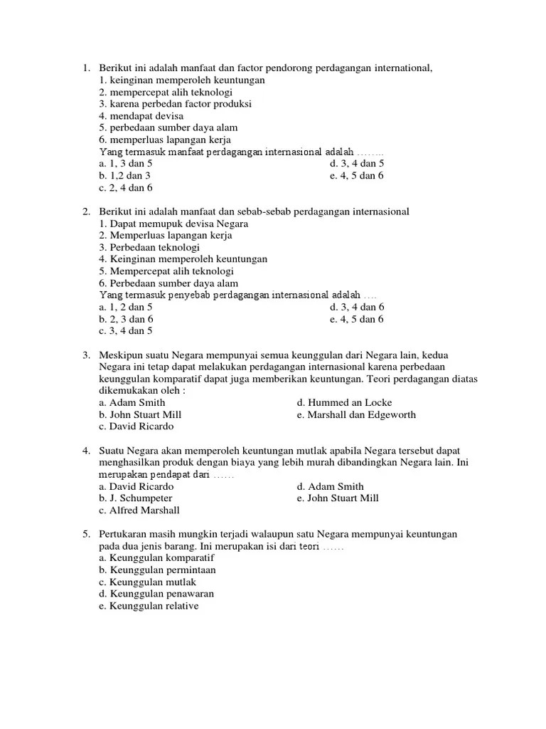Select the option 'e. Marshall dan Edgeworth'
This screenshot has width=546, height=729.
(356, 414)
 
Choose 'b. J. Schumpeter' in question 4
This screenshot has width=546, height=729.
(136, 498)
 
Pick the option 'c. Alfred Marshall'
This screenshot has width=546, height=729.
(139, 510)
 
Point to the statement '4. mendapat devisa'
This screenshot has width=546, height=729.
(141, 116)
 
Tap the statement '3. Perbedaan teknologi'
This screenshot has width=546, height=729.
(149, 247)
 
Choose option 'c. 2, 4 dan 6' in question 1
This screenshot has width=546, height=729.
(126, 188)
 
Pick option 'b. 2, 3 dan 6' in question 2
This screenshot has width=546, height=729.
(126, 319)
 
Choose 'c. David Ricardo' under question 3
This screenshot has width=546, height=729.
(136, 426)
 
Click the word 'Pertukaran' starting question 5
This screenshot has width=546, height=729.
(123, 534)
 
